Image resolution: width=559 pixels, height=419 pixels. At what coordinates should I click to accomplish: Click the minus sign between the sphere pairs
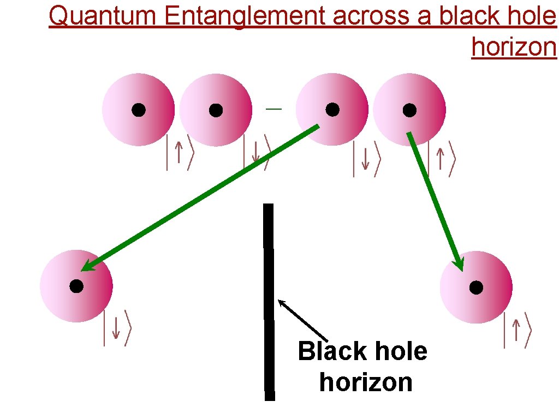click(273, 110)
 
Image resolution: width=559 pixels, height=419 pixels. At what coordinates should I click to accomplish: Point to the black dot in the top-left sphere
click(139, 110)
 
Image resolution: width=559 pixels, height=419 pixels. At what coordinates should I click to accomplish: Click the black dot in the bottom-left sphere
click(76, 286)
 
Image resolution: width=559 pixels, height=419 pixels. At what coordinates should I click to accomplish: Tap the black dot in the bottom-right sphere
click(476, 287)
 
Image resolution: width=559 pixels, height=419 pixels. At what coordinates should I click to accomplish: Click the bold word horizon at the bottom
click(366, 382)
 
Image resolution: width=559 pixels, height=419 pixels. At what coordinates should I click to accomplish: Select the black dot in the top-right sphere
click(409, 110)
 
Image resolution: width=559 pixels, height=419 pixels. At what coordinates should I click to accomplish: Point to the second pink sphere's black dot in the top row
click(216, 110)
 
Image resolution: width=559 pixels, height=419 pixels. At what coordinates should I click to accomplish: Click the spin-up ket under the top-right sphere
click(441, 158)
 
